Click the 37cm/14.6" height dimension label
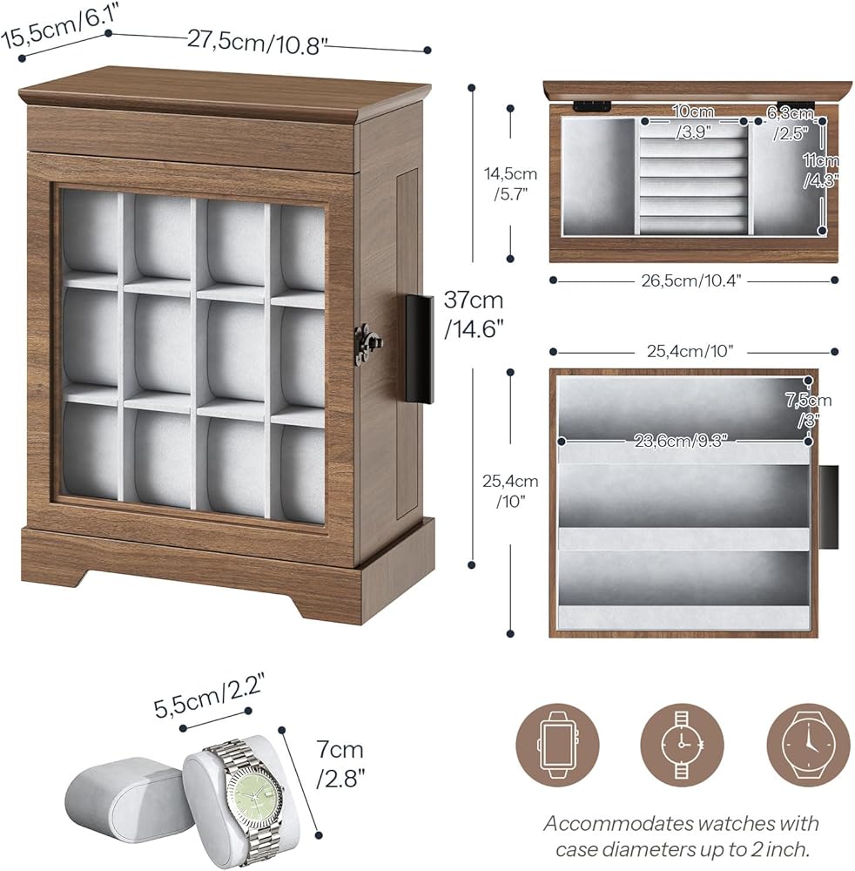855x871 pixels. pos(474,314)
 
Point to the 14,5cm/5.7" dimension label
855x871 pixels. pos(510,183)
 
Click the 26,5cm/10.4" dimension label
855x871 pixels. pos(691,280)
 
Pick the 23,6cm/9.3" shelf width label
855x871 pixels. pos(680,441)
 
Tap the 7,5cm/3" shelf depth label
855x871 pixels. pos(808,409)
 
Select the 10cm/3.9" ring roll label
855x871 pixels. pos(693,122)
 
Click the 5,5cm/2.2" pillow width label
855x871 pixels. pos(208,695)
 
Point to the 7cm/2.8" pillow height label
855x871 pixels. pos(340,765)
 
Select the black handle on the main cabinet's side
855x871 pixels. pos(419,349)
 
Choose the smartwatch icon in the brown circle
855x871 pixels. pos(557,745)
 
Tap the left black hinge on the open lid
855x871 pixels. pos(592,105)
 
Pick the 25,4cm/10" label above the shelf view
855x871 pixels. pos(690,352)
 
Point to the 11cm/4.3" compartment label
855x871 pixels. pos(820,170)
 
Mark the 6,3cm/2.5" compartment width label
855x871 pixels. pos(791,123)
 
